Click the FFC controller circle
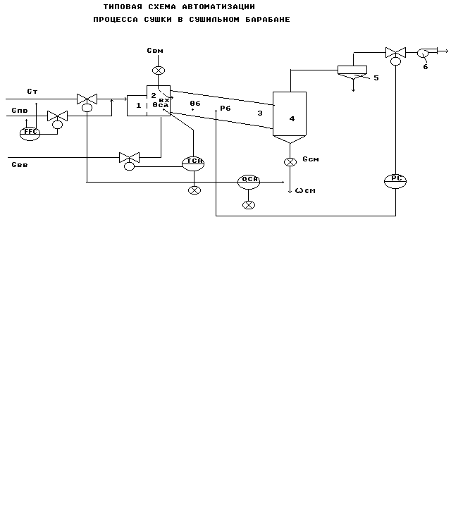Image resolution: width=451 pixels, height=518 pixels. pos(30,132)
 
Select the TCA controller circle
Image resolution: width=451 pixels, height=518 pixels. pos(193,161)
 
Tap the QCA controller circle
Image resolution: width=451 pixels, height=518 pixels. pos(249,180)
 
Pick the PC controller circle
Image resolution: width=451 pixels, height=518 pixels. pos(395,180)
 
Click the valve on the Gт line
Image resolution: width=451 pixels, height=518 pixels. pos(87,99)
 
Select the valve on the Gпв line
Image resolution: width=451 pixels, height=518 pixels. pos(57,116)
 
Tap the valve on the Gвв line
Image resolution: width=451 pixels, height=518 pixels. pos(129,157)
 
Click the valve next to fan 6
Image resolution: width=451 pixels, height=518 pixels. pos(395,52)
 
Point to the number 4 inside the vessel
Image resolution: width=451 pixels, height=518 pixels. pos(292,119)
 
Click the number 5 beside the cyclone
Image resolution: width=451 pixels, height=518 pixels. pos(376,78)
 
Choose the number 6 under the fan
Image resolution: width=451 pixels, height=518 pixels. pos(425,67)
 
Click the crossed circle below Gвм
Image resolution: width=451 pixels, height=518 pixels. pos(159,70)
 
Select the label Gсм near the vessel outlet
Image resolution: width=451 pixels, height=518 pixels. pos(311,159)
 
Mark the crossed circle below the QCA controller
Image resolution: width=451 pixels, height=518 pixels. pos(248,204)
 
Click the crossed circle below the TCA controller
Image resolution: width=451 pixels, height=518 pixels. pos(194,190)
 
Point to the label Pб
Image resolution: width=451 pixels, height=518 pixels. pos(225,109)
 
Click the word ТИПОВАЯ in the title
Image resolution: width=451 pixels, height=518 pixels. pos(123,6)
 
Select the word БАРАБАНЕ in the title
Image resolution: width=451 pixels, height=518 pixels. pos(266,19)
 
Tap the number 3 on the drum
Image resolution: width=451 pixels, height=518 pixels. pos(259,113)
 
